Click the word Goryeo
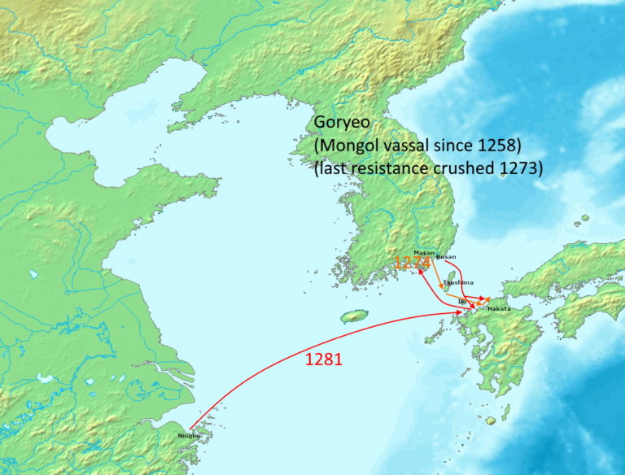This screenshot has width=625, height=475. [342, 123]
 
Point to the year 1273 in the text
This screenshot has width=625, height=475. [522, 168]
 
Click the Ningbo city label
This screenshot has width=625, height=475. [188, 436]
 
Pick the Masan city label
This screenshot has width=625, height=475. [424, 252]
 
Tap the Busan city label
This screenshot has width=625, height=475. [446, 257]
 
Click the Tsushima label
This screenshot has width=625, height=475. [458, 282]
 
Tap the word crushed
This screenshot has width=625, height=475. [473, 168]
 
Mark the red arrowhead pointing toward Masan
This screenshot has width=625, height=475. [422, 272]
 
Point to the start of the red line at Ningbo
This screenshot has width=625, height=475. [190, 429]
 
